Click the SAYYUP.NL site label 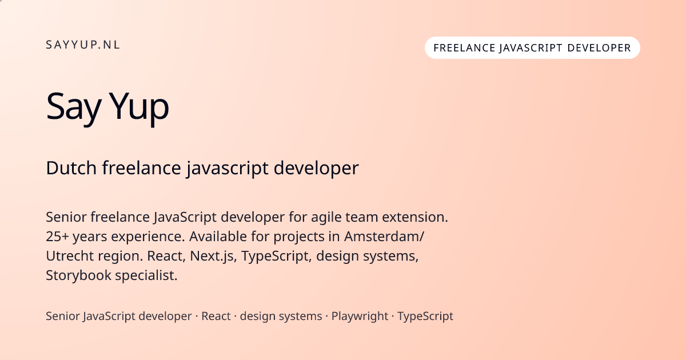point(83,45)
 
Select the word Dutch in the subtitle point(71,168)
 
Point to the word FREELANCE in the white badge point(464,48)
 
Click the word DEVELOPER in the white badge point(599,48)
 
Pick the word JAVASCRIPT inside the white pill point(531,49)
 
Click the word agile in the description point(326,218)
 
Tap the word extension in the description point(415,217)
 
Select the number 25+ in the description point(57,237)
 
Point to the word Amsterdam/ point(384,237)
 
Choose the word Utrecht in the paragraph point(70,256)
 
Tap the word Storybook point(79,275)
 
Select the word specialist point(146,275)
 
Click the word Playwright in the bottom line point(360,316)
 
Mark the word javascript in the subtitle point(228,169)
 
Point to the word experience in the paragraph point(148,237)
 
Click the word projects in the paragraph point(299,237)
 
